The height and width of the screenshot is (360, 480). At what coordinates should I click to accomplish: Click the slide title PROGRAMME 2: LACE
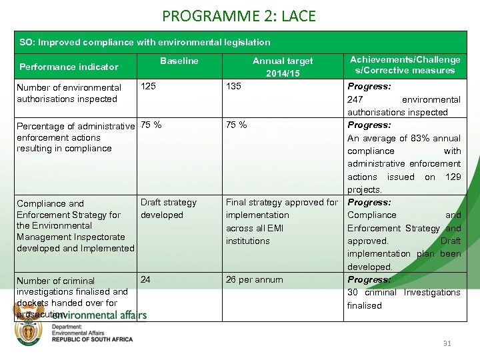tap(239, 15)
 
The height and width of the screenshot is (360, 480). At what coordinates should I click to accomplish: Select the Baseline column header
tap(179, 61)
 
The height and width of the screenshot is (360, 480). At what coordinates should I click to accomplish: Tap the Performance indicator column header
tap(69, 67)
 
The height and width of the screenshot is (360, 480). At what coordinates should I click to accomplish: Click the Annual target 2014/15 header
tap(283, 67)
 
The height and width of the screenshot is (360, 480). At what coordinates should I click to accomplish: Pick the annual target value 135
tap(233, 86)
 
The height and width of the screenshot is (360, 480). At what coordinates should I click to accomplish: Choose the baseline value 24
tap(145, 279)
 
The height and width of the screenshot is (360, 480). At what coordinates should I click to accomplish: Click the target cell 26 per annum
tap(254, 279)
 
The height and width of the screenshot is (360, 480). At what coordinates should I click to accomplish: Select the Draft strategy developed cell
tap(168, 209)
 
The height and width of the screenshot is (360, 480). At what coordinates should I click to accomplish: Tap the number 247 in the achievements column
tap(355, 99)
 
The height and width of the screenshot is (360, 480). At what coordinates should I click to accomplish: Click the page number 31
tap(447, 343)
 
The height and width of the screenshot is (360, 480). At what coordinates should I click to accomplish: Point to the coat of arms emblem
tap(29, 331)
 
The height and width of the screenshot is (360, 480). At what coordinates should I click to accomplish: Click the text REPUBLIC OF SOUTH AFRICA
tap(92, 339)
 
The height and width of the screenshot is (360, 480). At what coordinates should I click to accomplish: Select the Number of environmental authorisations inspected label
tap(69, 93)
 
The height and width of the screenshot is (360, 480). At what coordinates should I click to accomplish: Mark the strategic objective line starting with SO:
tap(145, 42)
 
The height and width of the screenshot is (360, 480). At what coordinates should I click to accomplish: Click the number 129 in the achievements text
tap(452, 177)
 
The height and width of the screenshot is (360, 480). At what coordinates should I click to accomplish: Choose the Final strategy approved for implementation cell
tap(281, 221)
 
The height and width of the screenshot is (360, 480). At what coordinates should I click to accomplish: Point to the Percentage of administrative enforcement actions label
tap(75, 137)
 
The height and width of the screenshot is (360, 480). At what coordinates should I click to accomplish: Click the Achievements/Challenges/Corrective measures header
tap(405, 65)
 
